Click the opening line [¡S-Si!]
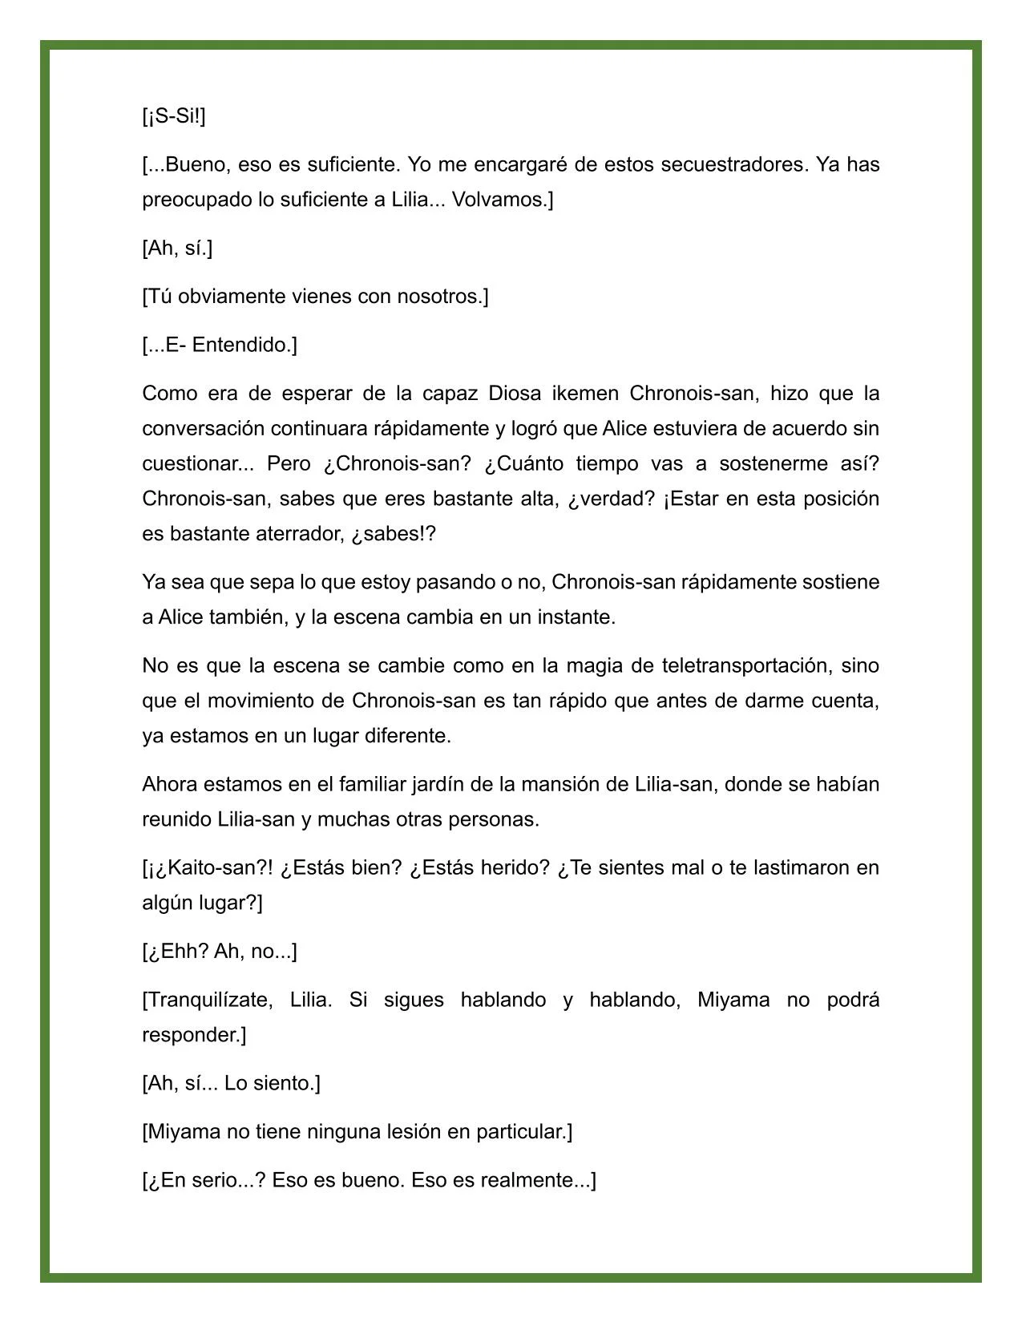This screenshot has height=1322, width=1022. (x=174, y=116)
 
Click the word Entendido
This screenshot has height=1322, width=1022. (x=244, y=345)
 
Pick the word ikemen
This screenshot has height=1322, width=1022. (x=580, y=394)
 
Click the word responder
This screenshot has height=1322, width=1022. (x=192, y=1035)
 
